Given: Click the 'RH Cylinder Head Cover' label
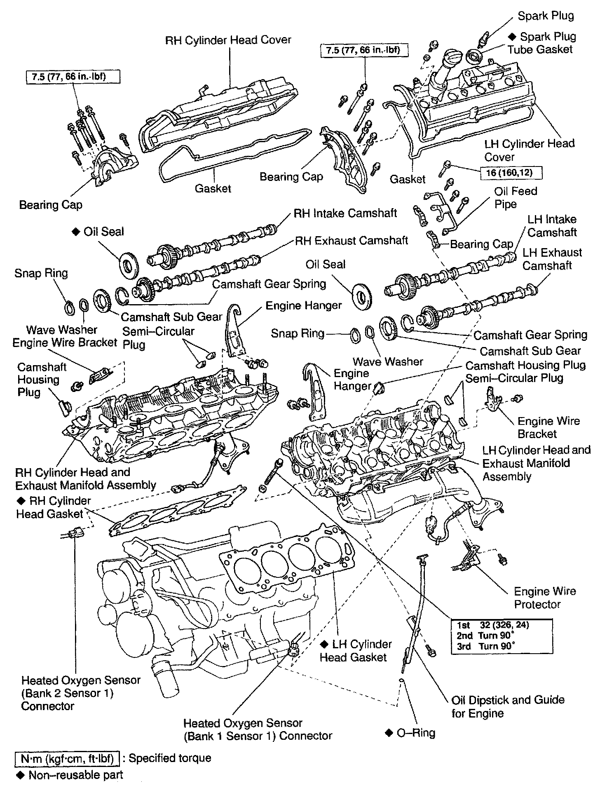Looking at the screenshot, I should tap(228, 40).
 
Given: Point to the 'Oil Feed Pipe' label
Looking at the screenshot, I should tap(516, 197).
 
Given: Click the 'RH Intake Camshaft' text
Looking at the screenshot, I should tap(345, 213).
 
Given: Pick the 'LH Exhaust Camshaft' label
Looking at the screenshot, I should tap(552, 258).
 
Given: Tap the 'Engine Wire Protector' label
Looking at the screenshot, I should tap(544, 598).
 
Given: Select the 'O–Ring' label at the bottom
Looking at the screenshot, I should tap(415, 732).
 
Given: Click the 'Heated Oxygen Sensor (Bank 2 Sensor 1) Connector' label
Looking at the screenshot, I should tap(81, 693).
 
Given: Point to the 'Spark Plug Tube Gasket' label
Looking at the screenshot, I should tap(540, 43).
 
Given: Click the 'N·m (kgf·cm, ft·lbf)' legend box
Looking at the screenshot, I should tap(67, 758).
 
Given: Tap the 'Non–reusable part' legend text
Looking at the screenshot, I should tap(75, 775).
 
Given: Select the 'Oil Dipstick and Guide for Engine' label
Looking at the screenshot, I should tap(508, 706).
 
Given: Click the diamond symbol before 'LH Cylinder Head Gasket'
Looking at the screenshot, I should tap(324, 644).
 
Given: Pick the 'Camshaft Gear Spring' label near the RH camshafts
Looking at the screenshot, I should tap(269, 284).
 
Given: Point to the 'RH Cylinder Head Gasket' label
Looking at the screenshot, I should tap(54, 507).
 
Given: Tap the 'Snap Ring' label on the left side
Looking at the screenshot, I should tap(41, 273).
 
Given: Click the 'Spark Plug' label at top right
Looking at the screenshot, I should tap(546, 16).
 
